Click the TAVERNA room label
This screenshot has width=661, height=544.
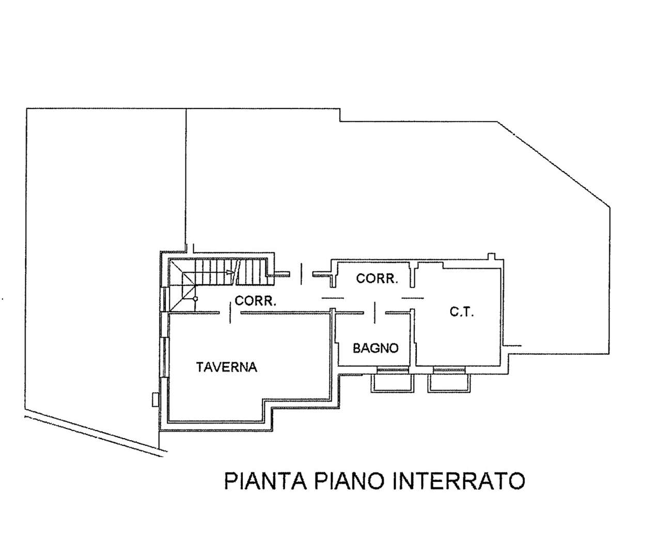[226, 367]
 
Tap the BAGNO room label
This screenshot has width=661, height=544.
[375, 348]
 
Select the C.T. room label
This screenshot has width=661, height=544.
[462, 312]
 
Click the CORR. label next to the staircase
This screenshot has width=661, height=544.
[256, 300]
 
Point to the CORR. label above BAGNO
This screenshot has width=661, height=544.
[377, 279]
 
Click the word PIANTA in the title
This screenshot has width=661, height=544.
[265, 481]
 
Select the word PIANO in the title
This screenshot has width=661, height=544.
[349, 481]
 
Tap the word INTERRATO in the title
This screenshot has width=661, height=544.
[458, 481]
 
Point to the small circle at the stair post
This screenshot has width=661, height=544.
[195, 299]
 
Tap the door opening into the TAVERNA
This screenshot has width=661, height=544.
[230, 313]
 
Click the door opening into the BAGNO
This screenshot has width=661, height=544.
[375, 313]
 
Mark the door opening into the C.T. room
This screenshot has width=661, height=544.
[413, 298]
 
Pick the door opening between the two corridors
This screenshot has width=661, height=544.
[333, 298]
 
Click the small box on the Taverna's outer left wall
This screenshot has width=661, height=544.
[155, 399]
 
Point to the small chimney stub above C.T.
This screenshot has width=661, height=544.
[491, 257]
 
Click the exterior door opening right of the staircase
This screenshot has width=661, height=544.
[301, 274]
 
